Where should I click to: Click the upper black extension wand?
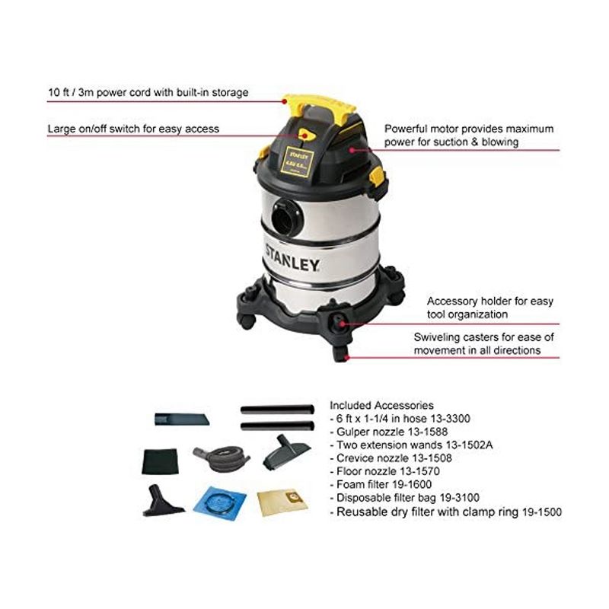pos(276,409)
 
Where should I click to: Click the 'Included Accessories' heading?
pos(381,406)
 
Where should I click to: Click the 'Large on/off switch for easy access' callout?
pos(132,129)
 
